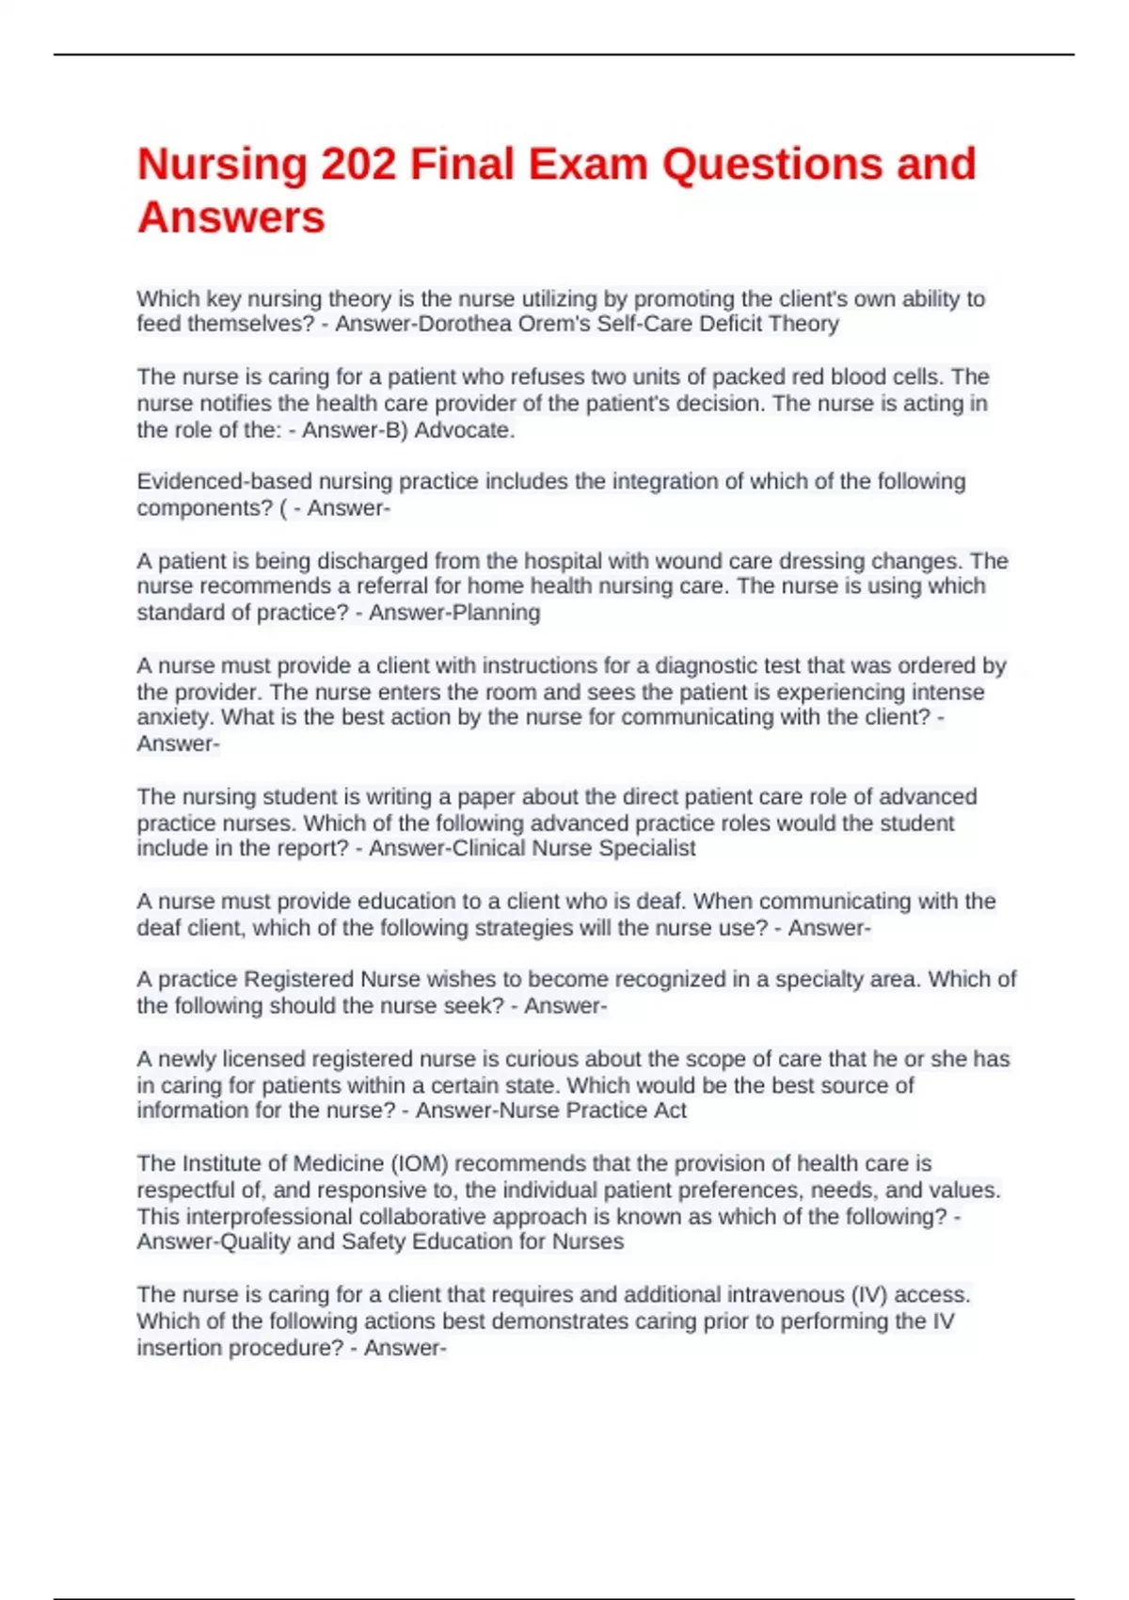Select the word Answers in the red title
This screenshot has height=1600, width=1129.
[x=231, y=218]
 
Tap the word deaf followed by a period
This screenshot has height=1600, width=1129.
[x=661, y=901]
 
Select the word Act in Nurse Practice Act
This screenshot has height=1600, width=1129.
[x=670, y=1111]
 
